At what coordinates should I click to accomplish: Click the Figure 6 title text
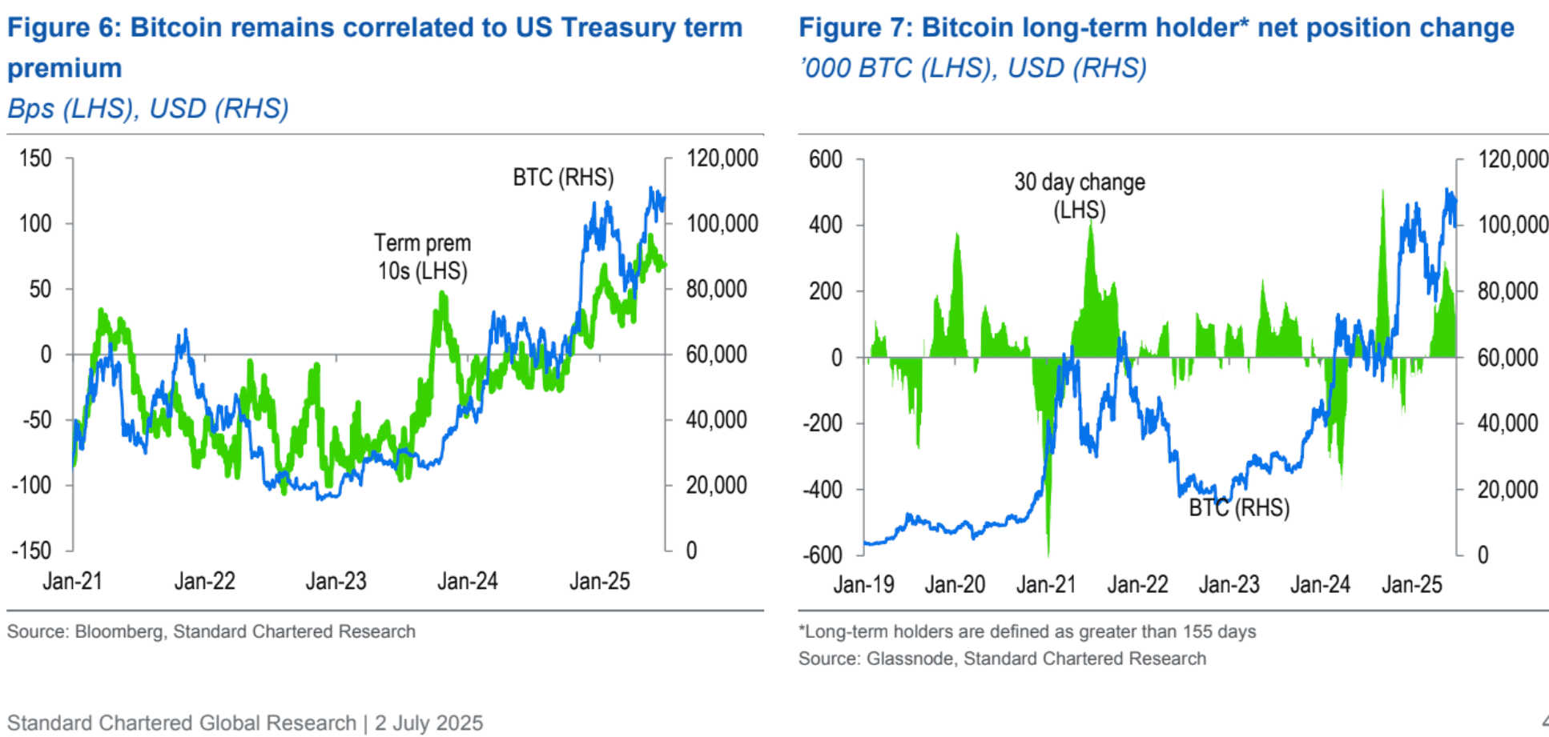pos(374,28)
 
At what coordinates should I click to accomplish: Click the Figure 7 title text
pos(1156,28)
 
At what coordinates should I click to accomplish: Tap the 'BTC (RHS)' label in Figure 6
pos(563,178)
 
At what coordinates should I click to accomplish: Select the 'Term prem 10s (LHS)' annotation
pos(422,257)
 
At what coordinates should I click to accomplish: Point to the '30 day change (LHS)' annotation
pos(1079,196)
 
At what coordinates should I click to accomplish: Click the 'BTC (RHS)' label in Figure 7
pos(1238,508)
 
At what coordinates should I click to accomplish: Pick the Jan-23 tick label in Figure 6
pos(336,581)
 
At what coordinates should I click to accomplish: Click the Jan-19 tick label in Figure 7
pos(863,585)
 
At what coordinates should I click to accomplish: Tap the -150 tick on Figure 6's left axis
pos(31,551)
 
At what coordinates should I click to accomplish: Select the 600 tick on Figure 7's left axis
pos(825,159)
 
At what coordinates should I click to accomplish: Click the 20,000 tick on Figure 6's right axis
pos(716,485)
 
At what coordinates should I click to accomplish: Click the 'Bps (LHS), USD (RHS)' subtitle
pos(148,108)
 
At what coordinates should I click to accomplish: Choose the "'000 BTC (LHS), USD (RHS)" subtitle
pos(972,68)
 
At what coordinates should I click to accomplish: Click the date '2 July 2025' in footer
pos(428,723)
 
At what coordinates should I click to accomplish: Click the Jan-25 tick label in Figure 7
pos(1411,585)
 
